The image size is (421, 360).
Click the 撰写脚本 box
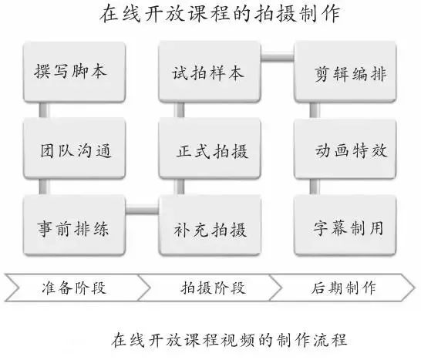(x=74, y=72)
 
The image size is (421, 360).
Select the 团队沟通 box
(x=74, y=148)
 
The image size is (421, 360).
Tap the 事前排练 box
(x=74, y=225)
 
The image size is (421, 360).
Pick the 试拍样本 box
(x=210, y=72)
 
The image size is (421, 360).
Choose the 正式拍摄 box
(x=210, y=148)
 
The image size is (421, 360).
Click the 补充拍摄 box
(x=210, y=225)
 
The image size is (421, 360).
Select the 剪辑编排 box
(x=345, y=72)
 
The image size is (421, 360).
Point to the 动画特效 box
(x=345, y=148)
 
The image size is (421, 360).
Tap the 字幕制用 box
(x=345, y=225)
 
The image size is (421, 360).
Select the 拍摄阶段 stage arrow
(x=210, y=288)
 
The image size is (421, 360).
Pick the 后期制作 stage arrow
(x=342, y=288)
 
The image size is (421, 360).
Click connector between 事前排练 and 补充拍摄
(x=143, y=209)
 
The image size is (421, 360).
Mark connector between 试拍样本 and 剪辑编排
(x=278, y=57)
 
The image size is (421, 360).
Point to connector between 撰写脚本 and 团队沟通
(x=44, y=110)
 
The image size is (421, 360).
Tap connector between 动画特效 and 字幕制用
(x=315, y=187)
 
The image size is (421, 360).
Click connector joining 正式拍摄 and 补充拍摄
(x=179, y=187)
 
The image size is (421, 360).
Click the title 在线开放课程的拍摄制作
(x=221, y=13)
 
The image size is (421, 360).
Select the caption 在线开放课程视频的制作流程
(x=229, y=340)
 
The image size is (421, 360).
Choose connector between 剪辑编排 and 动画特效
(x=315, y=110)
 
